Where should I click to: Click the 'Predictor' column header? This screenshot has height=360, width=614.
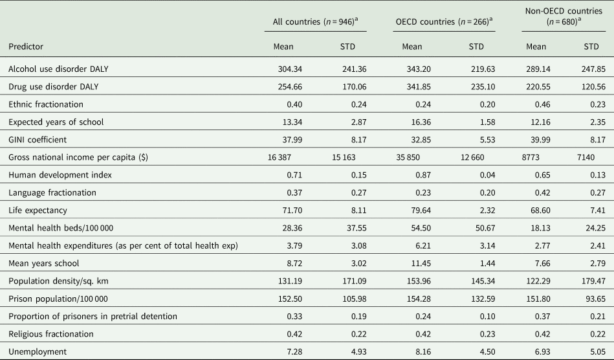click(x=26, y=47)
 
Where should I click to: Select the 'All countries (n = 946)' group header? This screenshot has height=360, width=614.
click(x=316, y=21)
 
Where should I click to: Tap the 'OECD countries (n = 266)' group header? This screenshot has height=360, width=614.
click(x=444, y=21)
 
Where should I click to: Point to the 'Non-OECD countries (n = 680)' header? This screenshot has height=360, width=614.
click(x=564, y=16)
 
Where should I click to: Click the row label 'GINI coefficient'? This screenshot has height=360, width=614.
click(x=38, y=140)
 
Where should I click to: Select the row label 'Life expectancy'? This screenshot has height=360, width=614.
click(x=38, y=210)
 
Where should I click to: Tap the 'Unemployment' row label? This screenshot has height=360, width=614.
click(x=38, y=352)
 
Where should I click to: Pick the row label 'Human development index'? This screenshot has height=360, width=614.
click(x=60, y=175)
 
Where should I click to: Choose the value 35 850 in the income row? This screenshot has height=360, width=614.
click(x=408, y=157)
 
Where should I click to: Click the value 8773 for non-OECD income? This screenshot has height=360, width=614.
click(x=530, y=157)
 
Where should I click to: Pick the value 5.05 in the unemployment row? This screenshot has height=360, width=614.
click(x=598, y=352)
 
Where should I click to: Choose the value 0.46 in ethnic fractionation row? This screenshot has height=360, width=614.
click(x=542, y=105)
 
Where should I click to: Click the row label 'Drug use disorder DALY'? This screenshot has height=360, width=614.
click(x=53, y=87)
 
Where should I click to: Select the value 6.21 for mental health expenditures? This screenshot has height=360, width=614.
click(x=423, y=246)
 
